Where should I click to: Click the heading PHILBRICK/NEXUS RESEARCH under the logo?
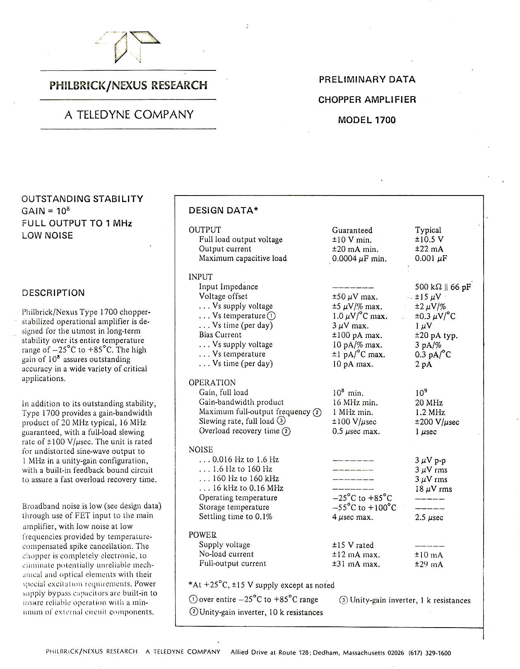(128, 85)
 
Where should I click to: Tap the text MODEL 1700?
(367, 120)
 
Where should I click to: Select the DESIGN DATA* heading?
(224, 210)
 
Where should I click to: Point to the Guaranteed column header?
(352, 230)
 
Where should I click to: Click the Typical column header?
(428, 230)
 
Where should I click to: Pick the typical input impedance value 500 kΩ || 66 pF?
(443, 287)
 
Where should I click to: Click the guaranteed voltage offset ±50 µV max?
(355, 297)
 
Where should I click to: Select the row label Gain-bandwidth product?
(241, 402)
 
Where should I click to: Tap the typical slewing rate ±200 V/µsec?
(437, 422)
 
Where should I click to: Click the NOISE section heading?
(201, 450)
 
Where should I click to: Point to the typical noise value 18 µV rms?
(433, 489)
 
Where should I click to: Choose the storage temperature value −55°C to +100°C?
(364, 508)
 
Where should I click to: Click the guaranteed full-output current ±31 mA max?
(356, 564)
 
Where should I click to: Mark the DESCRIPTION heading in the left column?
(53, 293)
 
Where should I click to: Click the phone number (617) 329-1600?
(430, 653)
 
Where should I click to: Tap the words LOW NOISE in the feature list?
(47, 236)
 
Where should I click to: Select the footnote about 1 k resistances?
(405, 600)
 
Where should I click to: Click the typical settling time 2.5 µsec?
(429, 517)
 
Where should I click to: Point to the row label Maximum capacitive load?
(243, 258)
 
